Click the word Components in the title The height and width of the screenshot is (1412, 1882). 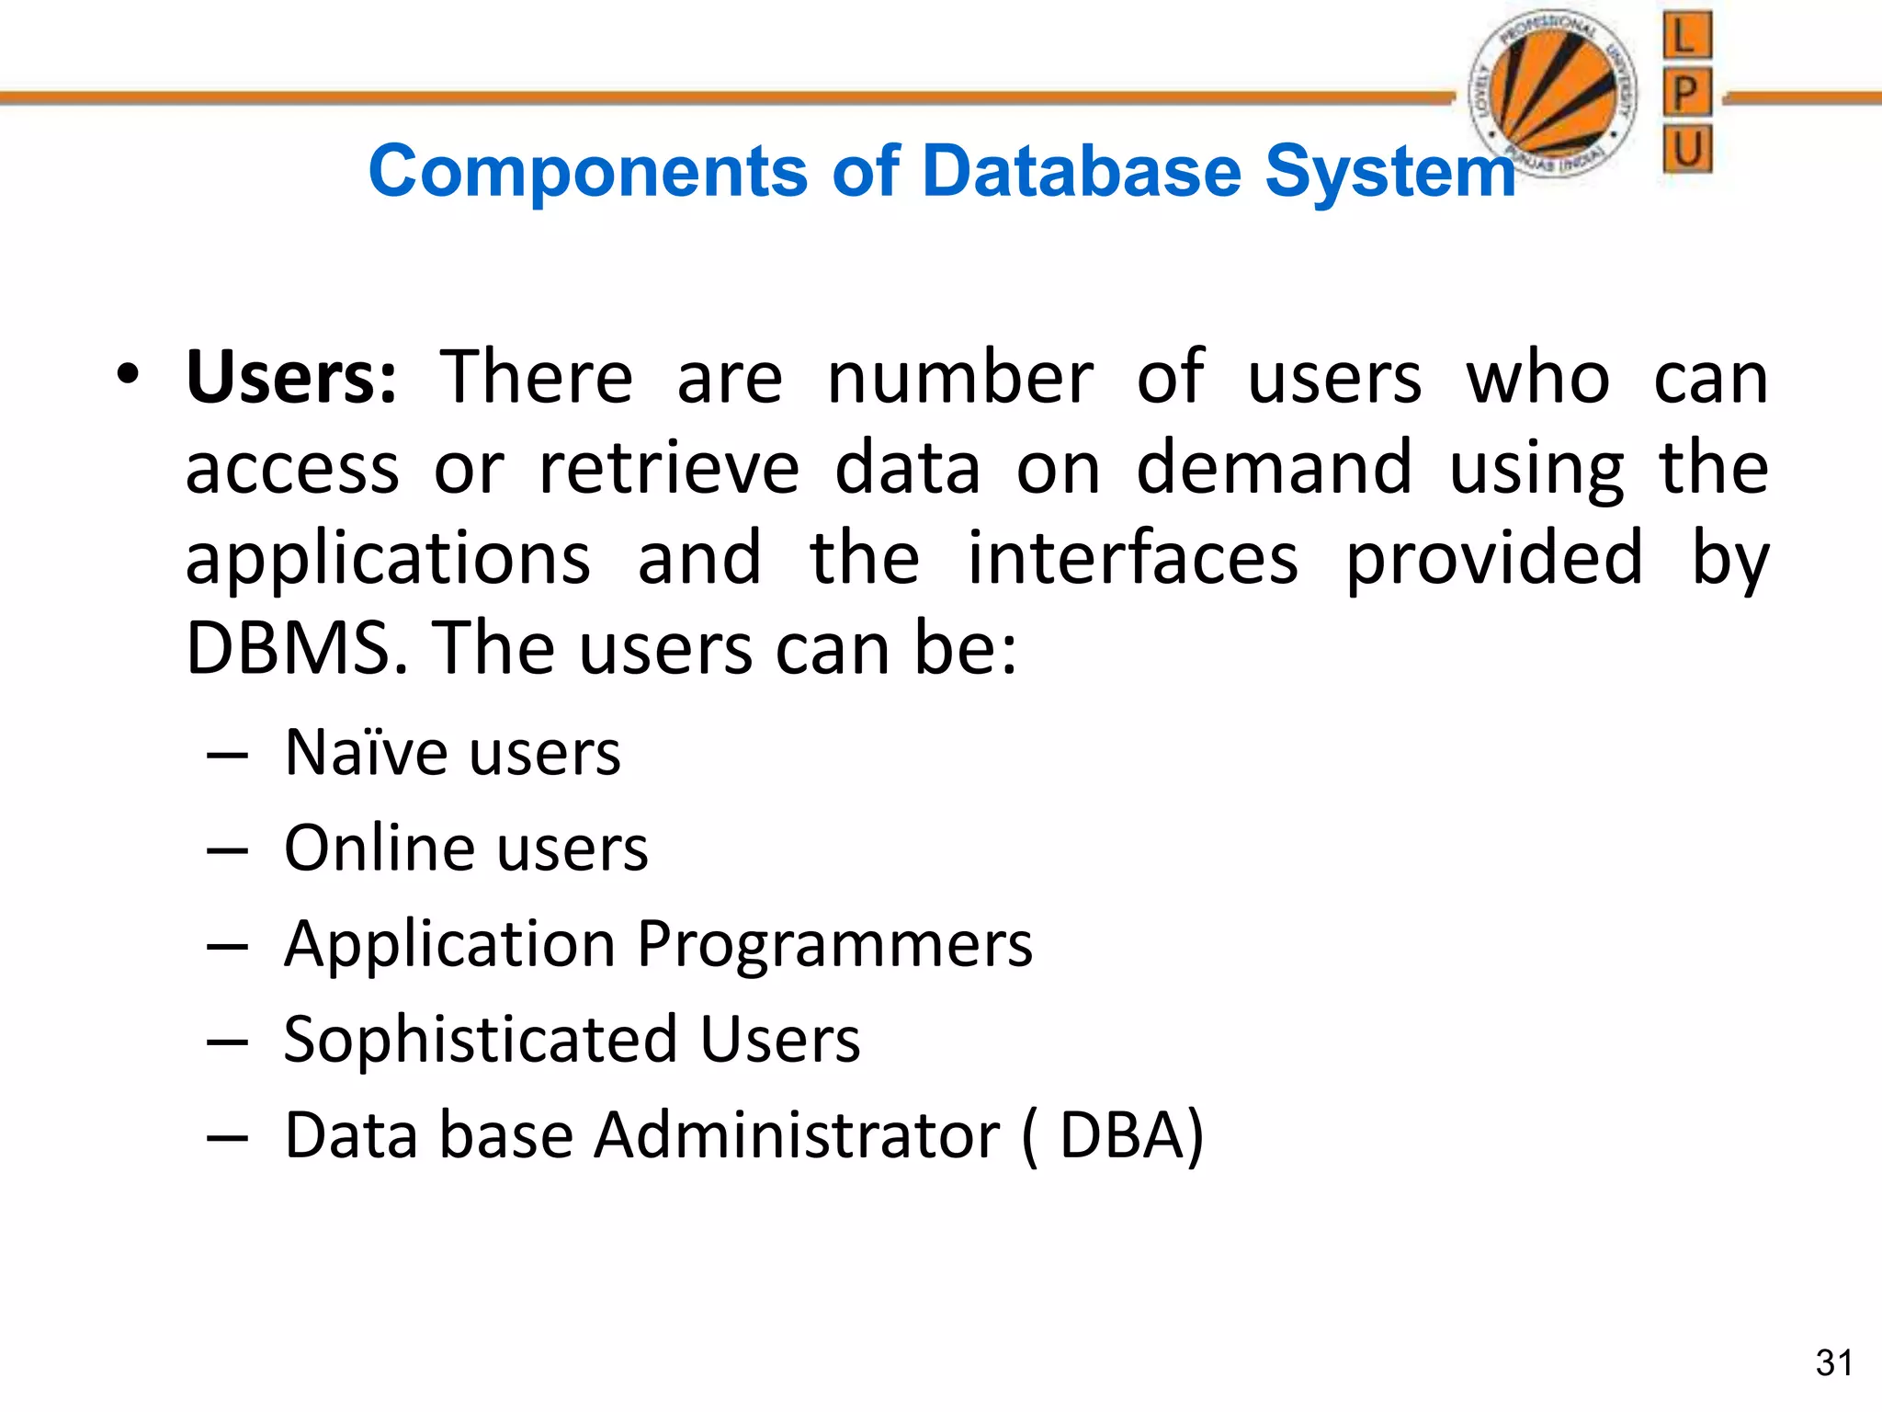(x=588, y=172)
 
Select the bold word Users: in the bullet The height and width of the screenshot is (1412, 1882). (x=291, y=378)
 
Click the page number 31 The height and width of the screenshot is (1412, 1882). (x=1833, y=1363)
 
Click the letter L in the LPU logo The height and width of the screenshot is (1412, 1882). (x=1687, y=37)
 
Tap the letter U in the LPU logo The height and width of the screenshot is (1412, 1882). (x=1687, y=148)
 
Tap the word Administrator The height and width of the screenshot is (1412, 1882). (x=797, y=1135)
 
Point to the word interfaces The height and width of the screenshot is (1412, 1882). (x=1133, y=559)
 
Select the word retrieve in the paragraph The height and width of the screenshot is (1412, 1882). (x=669, y=468)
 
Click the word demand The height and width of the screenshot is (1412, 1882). (x=1274, y=468)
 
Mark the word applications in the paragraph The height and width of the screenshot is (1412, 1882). (x=388, y=559)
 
